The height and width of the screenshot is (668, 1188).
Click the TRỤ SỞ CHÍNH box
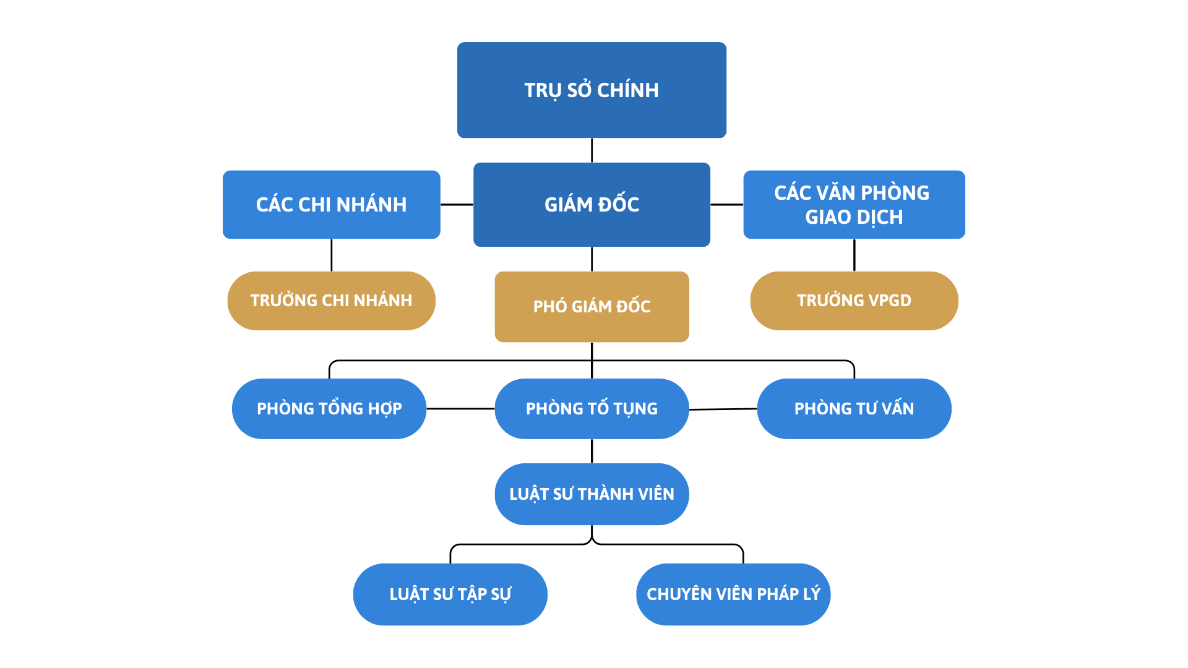[592, 90]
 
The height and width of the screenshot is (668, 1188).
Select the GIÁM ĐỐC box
[592, 205]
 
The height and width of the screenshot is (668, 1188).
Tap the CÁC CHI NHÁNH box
[331, 205]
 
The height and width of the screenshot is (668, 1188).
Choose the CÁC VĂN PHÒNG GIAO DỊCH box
[854, 205]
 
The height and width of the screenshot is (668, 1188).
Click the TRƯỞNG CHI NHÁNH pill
[331, 301]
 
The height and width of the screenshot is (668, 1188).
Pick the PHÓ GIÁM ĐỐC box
[592, 307]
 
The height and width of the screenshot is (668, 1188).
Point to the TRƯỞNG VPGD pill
[854, 301]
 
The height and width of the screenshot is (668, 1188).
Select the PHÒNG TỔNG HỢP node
[329, 409]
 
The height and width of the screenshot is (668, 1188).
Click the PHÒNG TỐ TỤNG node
[592, 409]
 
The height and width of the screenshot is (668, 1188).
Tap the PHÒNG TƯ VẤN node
[854, 409]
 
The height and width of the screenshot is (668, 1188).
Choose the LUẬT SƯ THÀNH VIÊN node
[592, 494]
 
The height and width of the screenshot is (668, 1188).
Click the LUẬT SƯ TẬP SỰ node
[450, 594]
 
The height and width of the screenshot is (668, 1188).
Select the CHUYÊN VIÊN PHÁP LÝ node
[733, 594]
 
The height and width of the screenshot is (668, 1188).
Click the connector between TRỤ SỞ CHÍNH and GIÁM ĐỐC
[592, 150]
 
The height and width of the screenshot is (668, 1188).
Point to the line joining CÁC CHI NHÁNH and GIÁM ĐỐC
[457, 205]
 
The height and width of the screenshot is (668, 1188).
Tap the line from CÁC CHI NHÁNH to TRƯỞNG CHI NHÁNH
[332, 255]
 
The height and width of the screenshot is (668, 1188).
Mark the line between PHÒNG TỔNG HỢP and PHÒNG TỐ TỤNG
[460, 409]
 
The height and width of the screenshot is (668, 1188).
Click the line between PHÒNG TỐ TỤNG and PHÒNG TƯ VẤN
[723, 409]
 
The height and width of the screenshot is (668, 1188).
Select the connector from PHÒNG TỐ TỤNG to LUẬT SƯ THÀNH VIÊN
[592, 451]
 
